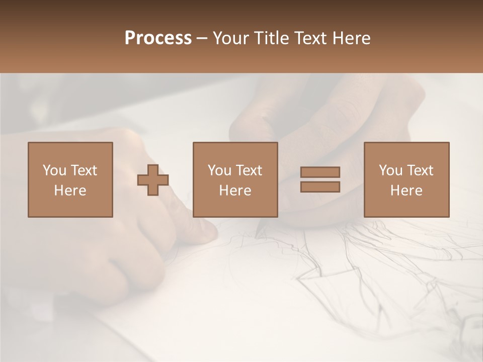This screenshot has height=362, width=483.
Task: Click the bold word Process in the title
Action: click(158, 38)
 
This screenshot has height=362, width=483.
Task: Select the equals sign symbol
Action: click(320, 179)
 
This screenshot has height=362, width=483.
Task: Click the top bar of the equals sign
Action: click(320, 172)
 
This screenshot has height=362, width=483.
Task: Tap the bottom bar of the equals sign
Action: click(320, 187)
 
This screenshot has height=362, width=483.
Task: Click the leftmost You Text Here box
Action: click(70, 179)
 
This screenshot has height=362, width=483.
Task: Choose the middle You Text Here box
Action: click(235, 179)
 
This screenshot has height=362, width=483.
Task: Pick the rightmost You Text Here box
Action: click(406, 179)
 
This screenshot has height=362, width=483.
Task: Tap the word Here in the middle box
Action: click(235, 191)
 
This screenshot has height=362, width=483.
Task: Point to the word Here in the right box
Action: click(406, 191)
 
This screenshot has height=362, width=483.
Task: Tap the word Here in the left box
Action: click(70, 191)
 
